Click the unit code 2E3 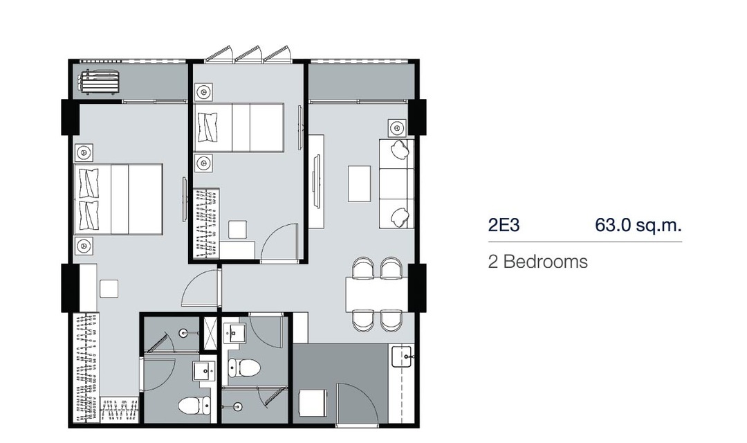(x=504, y=224)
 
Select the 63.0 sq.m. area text (x=638, y=224)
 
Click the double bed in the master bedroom (x=118, y=199)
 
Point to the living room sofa (x=396, y=183)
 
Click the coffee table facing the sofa (x=359, y=183)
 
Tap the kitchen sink (x=402, y=356)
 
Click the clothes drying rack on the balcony (x=99, y=82)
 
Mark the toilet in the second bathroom (x=243, y=368)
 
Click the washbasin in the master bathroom (x=204, y=370)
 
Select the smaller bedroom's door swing (x=279, y=242)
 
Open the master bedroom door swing (x=201, y=289)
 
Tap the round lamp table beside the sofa (x=397, y=128)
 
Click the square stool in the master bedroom (x=109, y=289)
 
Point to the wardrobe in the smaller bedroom (x=207, y=223)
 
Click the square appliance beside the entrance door (x=313, y=404)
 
